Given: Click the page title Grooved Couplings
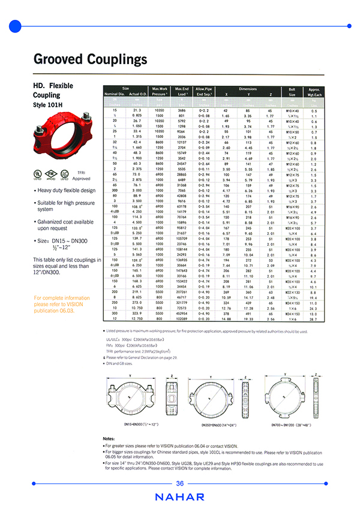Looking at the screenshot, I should point(89,59).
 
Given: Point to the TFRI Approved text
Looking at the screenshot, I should point(80,176).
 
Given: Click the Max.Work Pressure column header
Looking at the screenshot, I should point(159,91).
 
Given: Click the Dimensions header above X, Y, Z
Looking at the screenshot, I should point(248,88).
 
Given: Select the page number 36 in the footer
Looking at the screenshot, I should point(180,483).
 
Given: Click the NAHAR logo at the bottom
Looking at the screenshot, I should point(179,497).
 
